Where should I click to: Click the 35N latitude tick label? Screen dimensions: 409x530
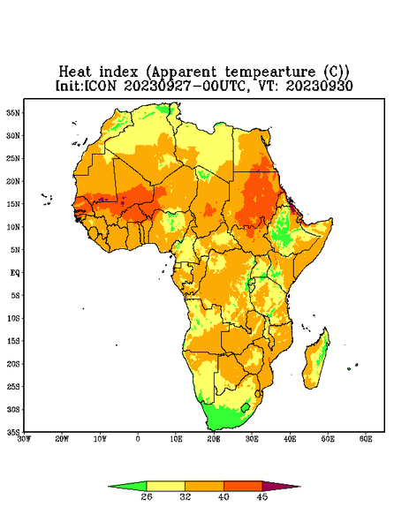tap(13, 113)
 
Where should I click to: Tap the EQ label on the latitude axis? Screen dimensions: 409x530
tap(14, 272)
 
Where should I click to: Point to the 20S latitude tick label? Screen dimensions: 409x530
tap(13, 364)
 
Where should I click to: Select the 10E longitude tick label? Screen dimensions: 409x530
tap(176, 439)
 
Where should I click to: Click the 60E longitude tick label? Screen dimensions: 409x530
tap(366, 439)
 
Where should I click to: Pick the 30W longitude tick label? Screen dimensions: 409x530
tap(24, 439)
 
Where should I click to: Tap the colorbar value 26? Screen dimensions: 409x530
tap(147, 496)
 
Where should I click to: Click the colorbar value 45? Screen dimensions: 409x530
tap(262, 496)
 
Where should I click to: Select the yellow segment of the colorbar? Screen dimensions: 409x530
tap(165, 486)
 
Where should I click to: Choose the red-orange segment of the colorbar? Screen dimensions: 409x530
tap(243, 486)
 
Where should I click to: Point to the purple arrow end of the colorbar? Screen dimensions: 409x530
tap(280, 487)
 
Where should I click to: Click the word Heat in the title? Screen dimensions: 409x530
tap(75, 72)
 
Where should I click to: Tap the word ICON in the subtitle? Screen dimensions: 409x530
tap(100, 86)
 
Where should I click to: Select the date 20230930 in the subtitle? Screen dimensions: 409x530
tap(320, 86)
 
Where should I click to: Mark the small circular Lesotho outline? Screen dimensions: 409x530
tap(246, 407)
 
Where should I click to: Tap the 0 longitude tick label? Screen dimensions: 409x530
tap(138, 439)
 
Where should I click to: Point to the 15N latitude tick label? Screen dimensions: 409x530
tap(13, 204)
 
